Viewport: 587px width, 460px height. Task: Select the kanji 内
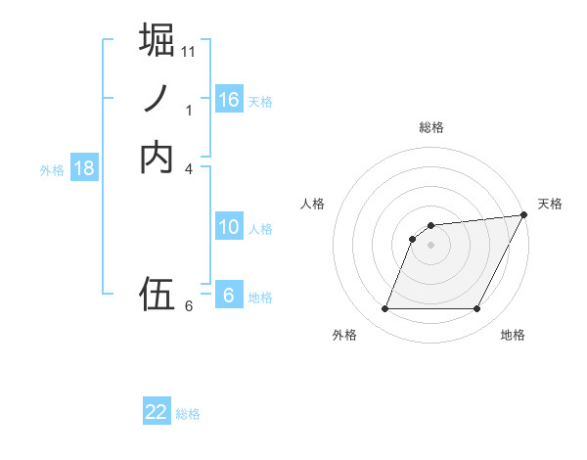click(x=157, y=158)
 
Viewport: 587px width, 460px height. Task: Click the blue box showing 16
click(x=229, y=100)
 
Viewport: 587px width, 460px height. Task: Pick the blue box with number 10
click(x=229, y=227)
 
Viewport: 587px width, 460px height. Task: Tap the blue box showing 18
click(x=84, y=168)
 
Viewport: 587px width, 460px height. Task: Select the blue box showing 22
click(x=157, y=412)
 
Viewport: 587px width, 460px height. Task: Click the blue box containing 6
click(x=229, y=295)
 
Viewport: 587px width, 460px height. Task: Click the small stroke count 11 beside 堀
click(x=189, y=51)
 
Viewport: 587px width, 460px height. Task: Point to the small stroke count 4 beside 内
click(x=189, y=169)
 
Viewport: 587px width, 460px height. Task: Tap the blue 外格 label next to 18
click(x=52, y=170)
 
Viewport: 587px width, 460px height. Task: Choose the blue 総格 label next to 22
click(x=188, y=414)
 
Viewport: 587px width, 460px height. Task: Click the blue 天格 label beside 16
click(x=260, y=102)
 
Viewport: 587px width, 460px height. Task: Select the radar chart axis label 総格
click(x=431, y=127)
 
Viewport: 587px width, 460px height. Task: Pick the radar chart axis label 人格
click(x=313, y=203)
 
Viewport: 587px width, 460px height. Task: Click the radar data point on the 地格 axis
click(x=477, y=309)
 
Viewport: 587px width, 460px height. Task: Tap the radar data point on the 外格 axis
click(x=384, y=309)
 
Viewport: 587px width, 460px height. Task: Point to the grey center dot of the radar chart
click(x=431, y=245)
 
